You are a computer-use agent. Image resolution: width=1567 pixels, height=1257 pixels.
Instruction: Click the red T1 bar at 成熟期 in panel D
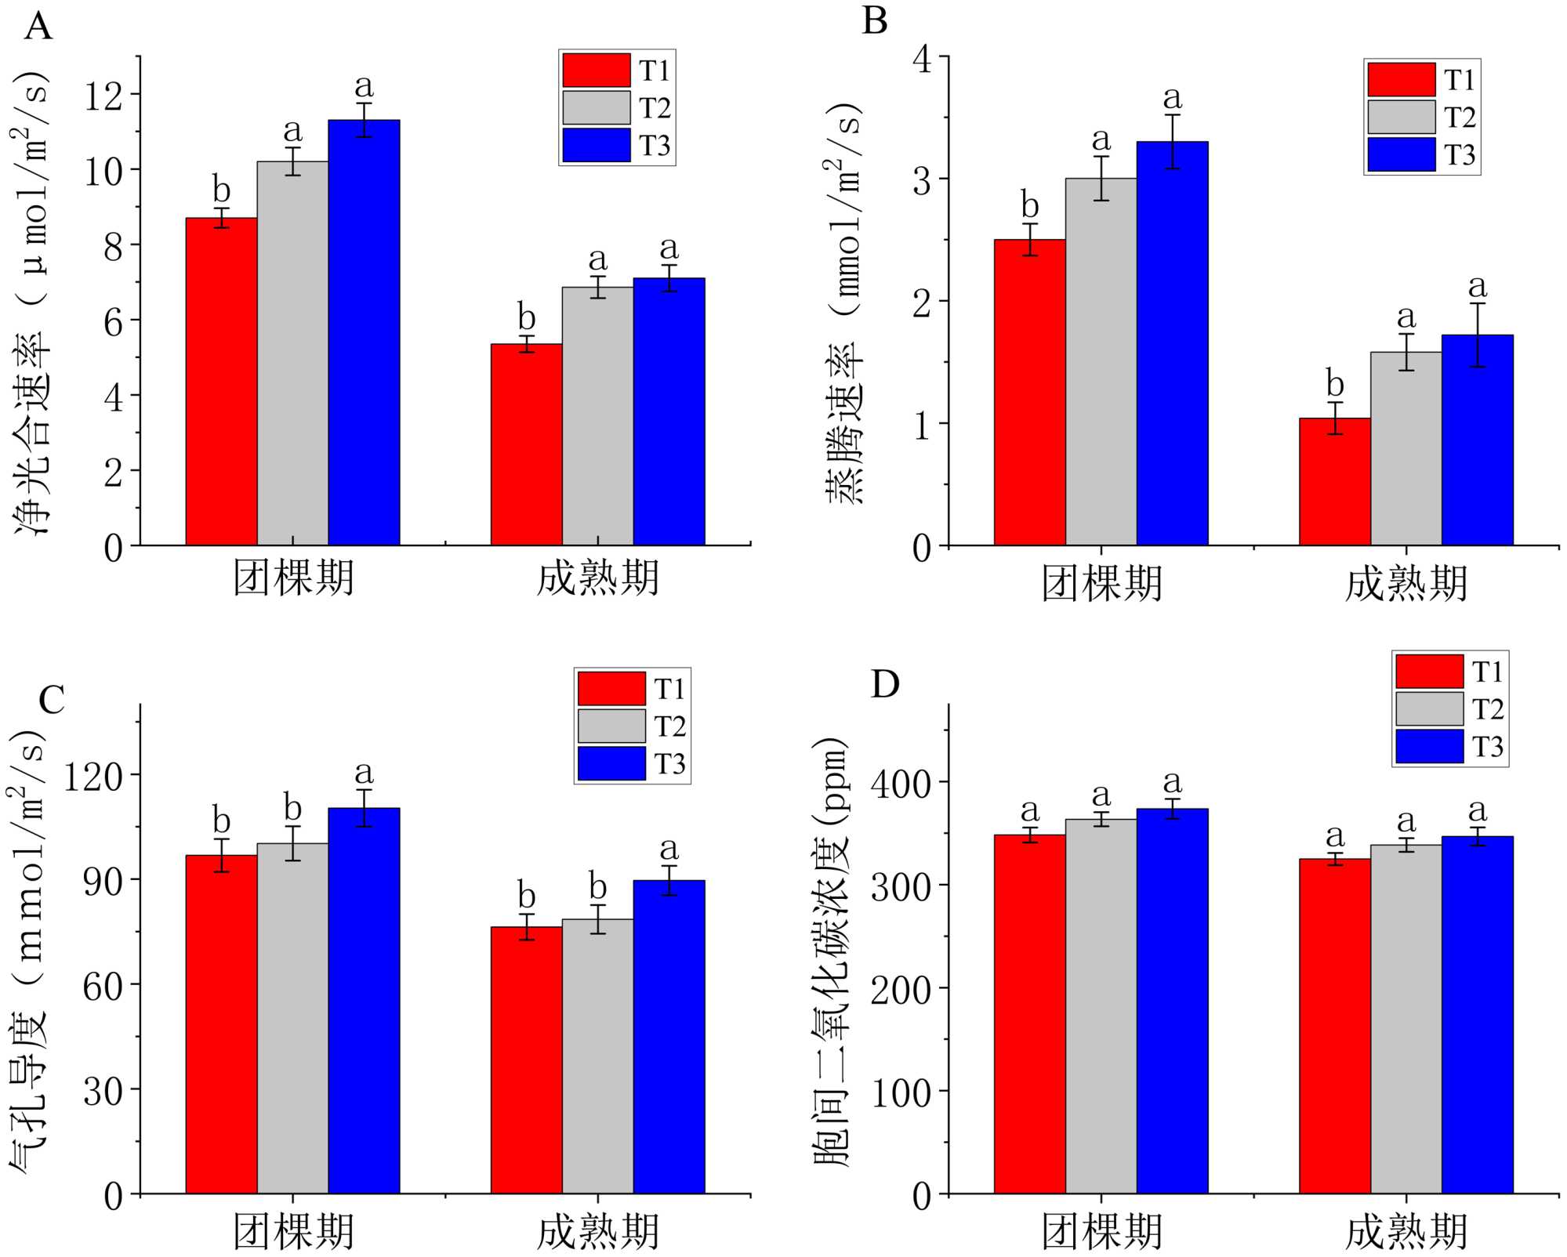point(1334,1027)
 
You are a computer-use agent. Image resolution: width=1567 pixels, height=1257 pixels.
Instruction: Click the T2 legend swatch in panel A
point(596,108)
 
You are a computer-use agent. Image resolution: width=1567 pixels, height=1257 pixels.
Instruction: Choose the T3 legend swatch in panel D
point(1429,746)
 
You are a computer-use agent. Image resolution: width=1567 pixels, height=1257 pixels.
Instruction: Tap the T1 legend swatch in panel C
point(611,689)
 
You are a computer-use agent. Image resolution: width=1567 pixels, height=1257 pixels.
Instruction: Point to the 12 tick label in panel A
point(104,96)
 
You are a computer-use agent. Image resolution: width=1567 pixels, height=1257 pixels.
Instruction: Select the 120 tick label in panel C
point(93,777)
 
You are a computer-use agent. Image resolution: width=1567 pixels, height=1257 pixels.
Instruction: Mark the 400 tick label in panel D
point(901,783)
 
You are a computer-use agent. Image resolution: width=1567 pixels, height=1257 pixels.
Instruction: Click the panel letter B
point(875,21)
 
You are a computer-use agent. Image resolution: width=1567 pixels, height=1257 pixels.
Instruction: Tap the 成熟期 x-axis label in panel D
point(1406,1231)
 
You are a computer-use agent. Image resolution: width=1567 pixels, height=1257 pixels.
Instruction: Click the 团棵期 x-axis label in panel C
point(293,1231)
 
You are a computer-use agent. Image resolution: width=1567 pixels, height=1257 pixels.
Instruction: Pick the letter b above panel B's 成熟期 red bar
point(1335,384)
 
